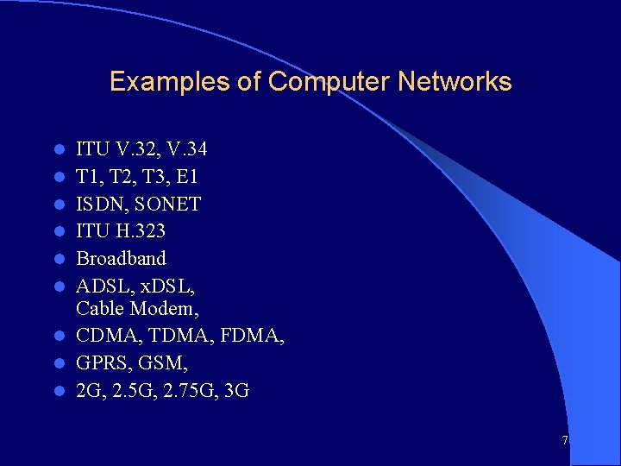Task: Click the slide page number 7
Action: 565,440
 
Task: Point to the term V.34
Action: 184,150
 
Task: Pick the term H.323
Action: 140,231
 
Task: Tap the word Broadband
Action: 122,258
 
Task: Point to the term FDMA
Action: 249,335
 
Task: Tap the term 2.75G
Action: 186,390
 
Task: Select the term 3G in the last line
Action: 235,390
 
